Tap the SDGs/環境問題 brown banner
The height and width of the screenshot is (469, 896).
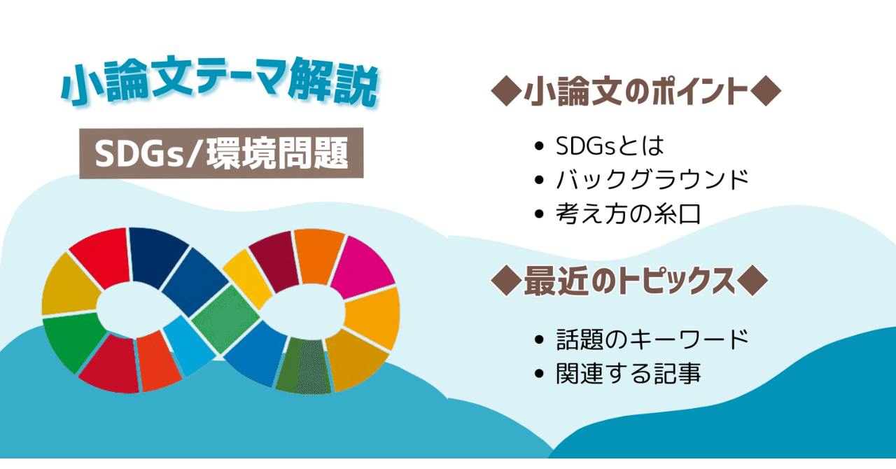221,153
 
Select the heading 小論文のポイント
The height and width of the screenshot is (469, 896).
636,91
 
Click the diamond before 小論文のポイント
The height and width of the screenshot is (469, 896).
506,91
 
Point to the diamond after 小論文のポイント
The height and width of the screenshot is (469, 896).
766,91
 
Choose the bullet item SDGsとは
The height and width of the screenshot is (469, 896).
610,146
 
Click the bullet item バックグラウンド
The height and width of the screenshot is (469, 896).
652,180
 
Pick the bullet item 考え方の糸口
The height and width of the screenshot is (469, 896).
628,214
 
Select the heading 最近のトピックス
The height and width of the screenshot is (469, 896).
629,281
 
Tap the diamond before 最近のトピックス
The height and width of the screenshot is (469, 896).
506,281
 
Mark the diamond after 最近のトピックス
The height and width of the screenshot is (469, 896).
752,281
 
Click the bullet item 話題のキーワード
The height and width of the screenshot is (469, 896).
652,339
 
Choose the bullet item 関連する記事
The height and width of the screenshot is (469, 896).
628,374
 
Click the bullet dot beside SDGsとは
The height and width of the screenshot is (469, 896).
539,146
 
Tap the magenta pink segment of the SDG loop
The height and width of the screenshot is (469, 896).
361,267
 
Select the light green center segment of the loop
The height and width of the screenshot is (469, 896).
225,318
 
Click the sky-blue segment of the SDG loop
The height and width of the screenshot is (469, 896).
189,346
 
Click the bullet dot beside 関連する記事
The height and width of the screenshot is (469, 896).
539,374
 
